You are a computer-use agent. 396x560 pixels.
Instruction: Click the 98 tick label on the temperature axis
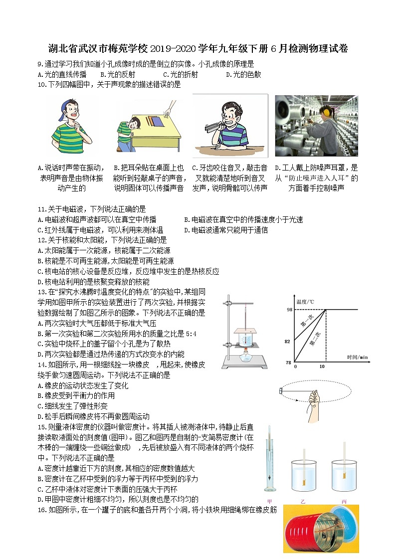(x=288, y=310)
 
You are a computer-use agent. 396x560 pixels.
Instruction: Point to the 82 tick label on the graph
(x=288, y=342)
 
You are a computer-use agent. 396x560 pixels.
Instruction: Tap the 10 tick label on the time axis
(x=322, y=367)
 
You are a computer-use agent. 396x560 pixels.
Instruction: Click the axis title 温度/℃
(x=305, y=301)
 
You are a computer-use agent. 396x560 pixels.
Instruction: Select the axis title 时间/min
(x=358, y=357)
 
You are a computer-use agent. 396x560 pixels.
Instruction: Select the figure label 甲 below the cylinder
(x=269, y=500)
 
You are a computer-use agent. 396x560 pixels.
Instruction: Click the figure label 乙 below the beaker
(x=303, y=500)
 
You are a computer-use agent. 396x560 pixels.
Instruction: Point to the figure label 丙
(x=344, y=500)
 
